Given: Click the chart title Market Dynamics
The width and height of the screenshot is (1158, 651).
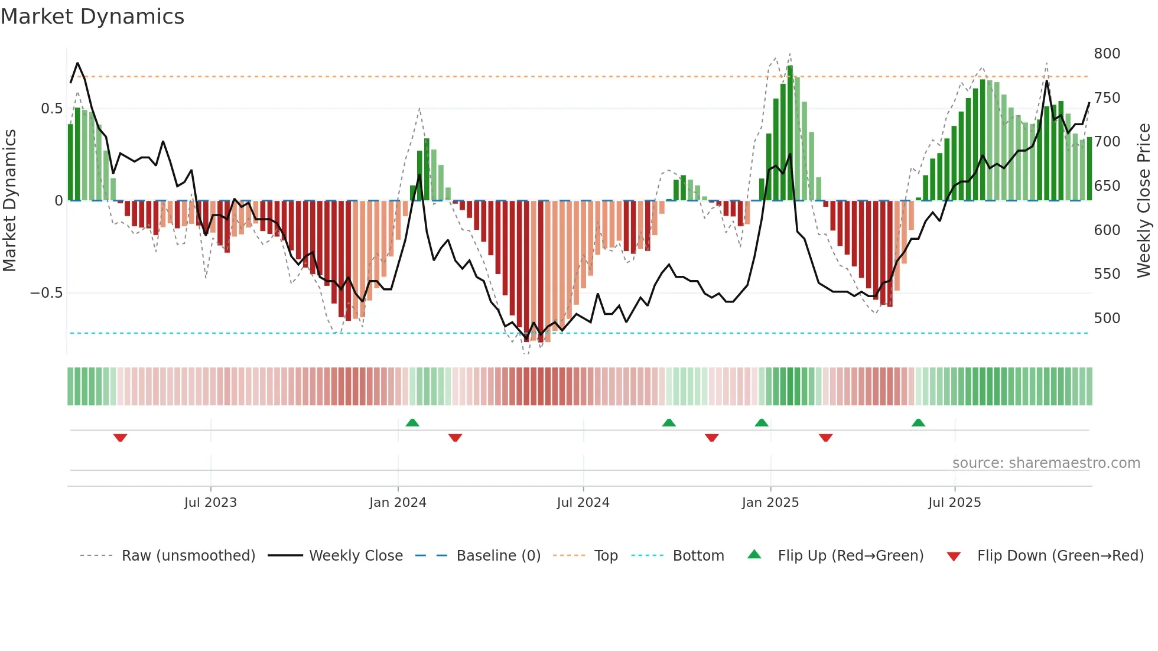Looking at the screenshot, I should [93, 17].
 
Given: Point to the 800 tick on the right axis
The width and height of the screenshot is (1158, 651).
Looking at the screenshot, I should [1107, 54].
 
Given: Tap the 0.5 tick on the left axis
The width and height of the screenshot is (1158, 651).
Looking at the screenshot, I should [51, 109].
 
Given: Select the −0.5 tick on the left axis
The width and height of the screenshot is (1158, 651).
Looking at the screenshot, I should [46, 294].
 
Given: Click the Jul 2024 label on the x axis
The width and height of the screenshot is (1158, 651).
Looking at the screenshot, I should [583, 503].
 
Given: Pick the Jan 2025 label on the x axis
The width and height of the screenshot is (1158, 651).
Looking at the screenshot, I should [770, 503].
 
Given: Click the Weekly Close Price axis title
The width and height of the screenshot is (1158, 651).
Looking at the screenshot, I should [1144, 201].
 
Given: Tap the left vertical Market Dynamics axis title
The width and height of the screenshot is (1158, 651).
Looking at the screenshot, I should [10, 201].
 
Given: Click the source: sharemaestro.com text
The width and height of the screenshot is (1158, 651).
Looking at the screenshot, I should [1046, 463].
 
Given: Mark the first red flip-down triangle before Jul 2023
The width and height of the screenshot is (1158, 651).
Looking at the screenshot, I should [120, 438].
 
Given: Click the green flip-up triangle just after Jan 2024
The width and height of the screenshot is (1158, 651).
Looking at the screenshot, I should [412, 422].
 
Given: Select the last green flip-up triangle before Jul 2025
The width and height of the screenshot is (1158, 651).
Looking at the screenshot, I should [918, 422].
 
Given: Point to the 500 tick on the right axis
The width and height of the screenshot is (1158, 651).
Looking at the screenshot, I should [1107, 318].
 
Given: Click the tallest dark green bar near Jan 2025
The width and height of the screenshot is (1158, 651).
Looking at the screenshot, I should [790, 133].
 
